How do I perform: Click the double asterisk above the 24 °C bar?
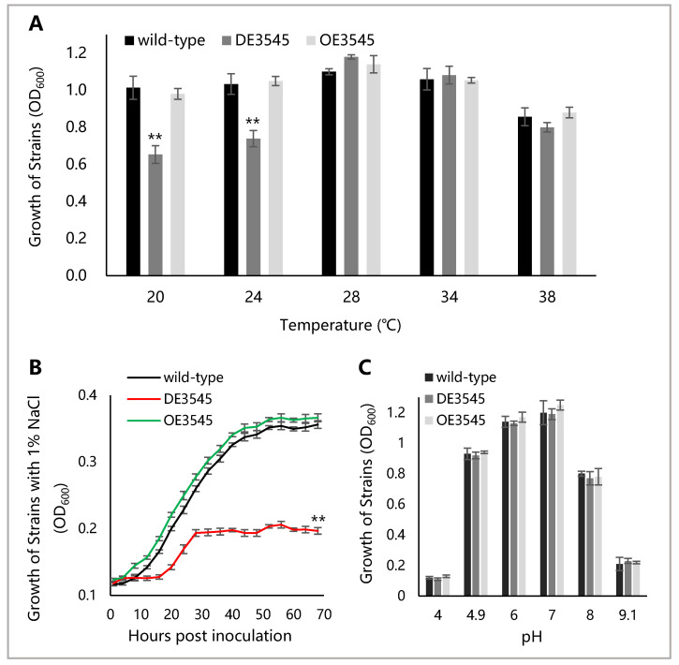pyautogui.click(x=252, y=122)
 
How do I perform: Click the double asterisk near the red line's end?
pyautogui.click(x=318, y=518)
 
